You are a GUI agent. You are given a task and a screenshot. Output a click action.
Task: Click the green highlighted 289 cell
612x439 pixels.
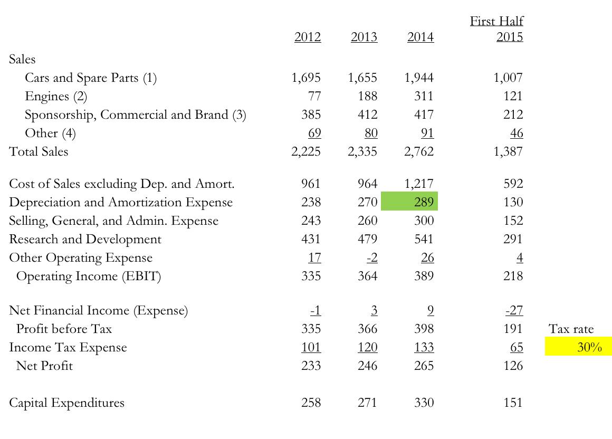pyautogui.click(x=409, y=202)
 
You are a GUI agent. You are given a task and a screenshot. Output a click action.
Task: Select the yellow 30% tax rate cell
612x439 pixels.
pyautogui.click(x=578, y=347)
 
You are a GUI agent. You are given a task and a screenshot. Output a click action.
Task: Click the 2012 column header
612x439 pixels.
pyautogui.click(x=308, y=37)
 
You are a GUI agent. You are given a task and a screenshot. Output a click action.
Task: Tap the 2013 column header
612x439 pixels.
pyautogui.click(x=364, y=37)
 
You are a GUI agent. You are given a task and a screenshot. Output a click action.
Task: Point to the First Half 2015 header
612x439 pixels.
pyautogui.click(x=497, y=29)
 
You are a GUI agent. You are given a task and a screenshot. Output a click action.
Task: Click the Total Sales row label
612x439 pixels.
pyautogui.click(x=39, y=152)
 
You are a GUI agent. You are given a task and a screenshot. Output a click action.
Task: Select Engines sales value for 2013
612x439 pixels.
pyautogui.click(x=367, y=96)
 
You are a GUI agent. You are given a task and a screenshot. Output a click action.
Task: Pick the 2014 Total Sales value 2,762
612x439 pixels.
pyautogui.click(x=419, y=152)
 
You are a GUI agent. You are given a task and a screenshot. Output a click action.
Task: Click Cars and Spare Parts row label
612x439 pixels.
pyautogui.click(x=91, y=78)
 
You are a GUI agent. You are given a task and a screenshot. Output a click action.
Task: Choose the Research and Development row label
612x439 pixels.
pyautogui.click(x=85, y=239)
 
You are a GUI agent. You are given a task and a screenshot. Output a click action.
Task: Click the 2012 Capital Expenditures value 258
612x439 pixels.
pyautogui.click(x=311, y=403)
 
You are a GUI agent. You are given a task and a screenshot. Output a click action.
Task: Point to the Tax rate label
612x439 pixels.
pyautogui.click(x=571, y=329)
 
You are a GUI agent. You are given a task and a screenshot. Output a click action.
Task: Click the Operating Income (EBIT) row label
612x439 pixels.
pyautogui.click(x=88, y=276)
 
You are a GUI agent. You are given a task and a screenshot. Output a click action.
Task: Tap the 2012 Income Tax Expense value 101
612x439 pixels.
pyautogui.click(x=311, y=347)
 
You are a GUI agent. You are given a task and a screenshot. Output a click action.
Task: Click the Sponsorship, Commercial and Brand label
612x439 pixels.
pyautogui.click(x=136, y=115)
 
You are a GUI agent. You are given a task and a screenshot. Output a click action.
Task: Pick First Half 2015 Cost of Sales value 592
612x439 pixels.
pyautogui.click(x=513, y=184)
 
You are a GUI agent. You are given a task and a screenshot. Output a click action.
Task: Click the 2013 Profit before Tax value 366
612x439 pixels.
pyautogui.click(x=367, y=329)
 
